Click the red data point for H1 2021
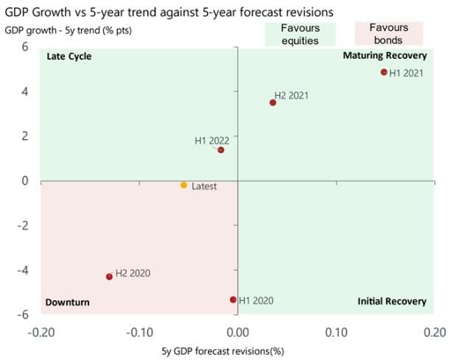(x=384, y=72)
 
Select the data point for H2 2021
(x=273, y=102)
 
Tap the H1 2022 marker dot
(x=220, y=150)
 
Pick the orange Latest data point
(x=183, y=186)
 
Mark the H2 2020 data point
(x=109, y=277)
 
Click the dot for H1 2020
(x=234, y=300)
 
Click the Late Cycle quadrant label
(x=69, y=57)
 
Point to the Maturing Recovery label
(x=385, y=56)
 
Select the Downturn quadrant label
(x=67, y=303)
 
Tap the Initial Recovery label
(x=392, y=301)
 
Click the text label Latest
(x=204, y=186)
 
